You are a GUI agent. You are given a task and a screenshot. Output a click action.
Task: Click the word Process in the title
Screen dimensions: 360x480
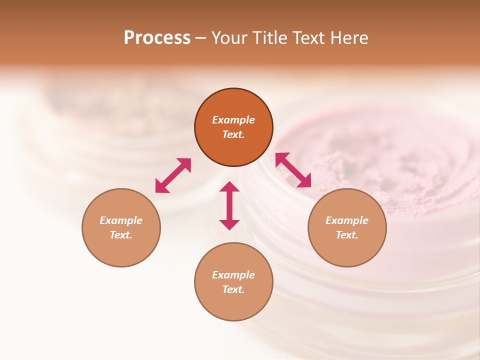157,38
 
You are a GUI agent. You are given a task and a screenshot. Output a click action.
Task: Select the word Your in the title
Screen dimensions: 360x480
229,38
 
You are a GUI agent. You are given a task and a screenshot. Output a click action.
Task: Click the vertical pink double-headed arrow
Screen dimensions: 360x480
229,206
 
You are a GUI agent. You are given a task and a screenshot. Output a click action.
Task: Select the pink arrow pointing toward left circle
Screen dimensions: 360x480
173,175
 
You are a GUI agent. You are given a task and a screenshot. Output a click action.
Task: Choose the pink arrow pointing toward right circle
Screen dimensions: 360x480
293,170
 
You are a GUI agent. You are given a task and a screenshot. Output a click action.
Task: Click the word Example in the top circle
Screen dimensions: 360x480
233,120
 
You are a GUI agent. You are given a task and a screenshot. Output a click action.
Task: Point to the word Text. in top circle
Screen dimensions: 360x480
233,134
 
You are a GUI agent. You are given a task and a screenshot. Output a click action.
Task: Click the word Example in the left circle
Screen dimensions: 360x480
121,220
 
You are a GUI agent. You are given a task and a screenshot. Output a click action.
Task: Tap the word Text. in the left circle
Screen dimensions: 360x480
121,235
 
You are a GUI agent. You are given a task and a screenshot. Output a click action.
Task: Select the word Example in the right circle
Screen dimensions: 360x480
347,220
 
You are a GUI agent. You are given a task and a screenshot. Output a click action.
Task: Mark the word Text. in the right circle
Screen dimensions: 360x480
347,235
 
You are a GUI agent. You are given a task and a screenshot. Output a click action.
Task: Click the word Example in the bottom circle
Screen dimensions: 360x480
233,275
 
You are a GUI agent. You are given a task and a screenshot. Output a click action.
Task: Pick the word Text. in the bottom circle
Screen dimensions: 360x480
233,289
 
